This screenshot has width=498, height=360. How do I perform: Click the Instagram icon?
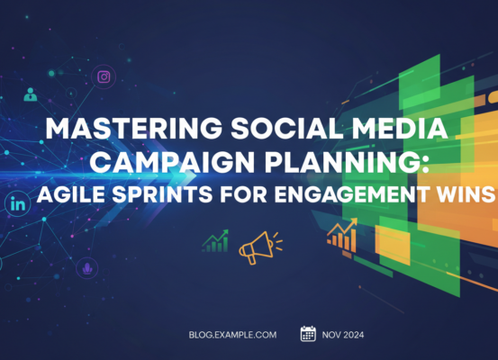104,76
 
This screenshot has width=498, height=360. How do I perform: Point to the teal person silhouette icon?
32,94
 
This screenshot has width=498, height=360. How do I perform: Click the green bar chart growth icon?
216,240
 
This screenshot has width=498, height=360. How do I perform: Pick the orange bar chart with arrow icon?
341,234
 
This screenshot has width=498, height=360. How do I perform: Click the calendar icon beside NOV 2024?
308,334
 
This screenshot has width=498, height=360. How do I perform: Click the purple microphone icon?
87,267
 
